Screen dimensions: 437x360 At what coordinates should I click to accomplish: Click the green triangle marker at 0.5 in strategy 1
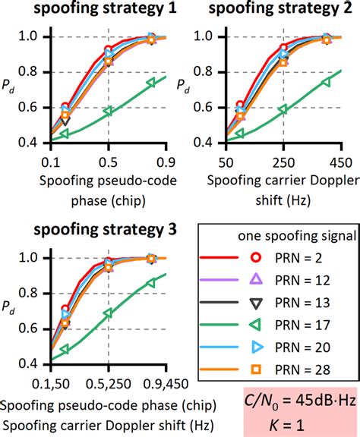coord(109,111)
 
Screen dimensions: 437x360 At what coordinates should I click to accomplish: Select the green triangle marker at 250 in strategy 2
coord(283,109)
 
